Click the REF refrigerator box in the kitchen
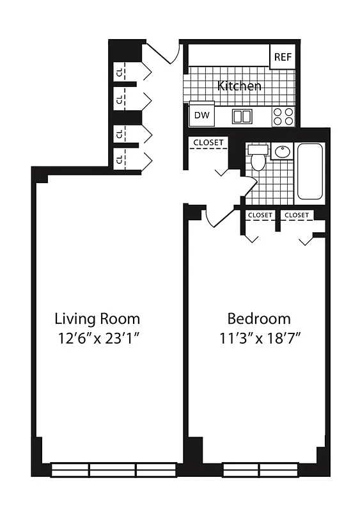pyautogui.click(x=283, y=57)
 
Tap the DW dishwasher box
pyautogui.click(x=201, y=116)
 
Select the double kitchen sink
pyautogui.click(x=242, y=116)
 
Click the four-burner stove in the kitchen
pyautogui.click(x=283, y=116)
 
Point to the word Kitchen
pyautogui.click(x=239, y=86)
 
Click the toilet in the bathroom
pyautogui.click(x=258, y=157)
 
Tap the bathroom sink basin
pyautogui.click(x=282, y=152)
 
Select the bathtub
pyautogui.click(x=311, y=171)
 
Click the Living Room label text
pyautogui.click(x=97, y=319)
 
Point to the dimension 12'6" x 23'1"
pyautogui.click(x=97, y=338)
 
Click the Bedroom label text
pyautogui.click(x=259, y=319)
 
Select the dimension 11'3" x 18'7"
pyautogui.click(x=259, y=338)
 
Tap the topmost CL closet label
pyautogui.click(x=120, y=72)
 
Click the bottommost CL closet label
pyautogui.click(x=120, y=157)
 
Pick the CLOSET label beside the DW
pyautogui.click(x=208, y=142)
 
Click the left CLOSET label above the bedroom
pyautogui.click(x=260, y=215)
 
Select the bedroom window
pyautogui.click(x=260, y=469)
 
